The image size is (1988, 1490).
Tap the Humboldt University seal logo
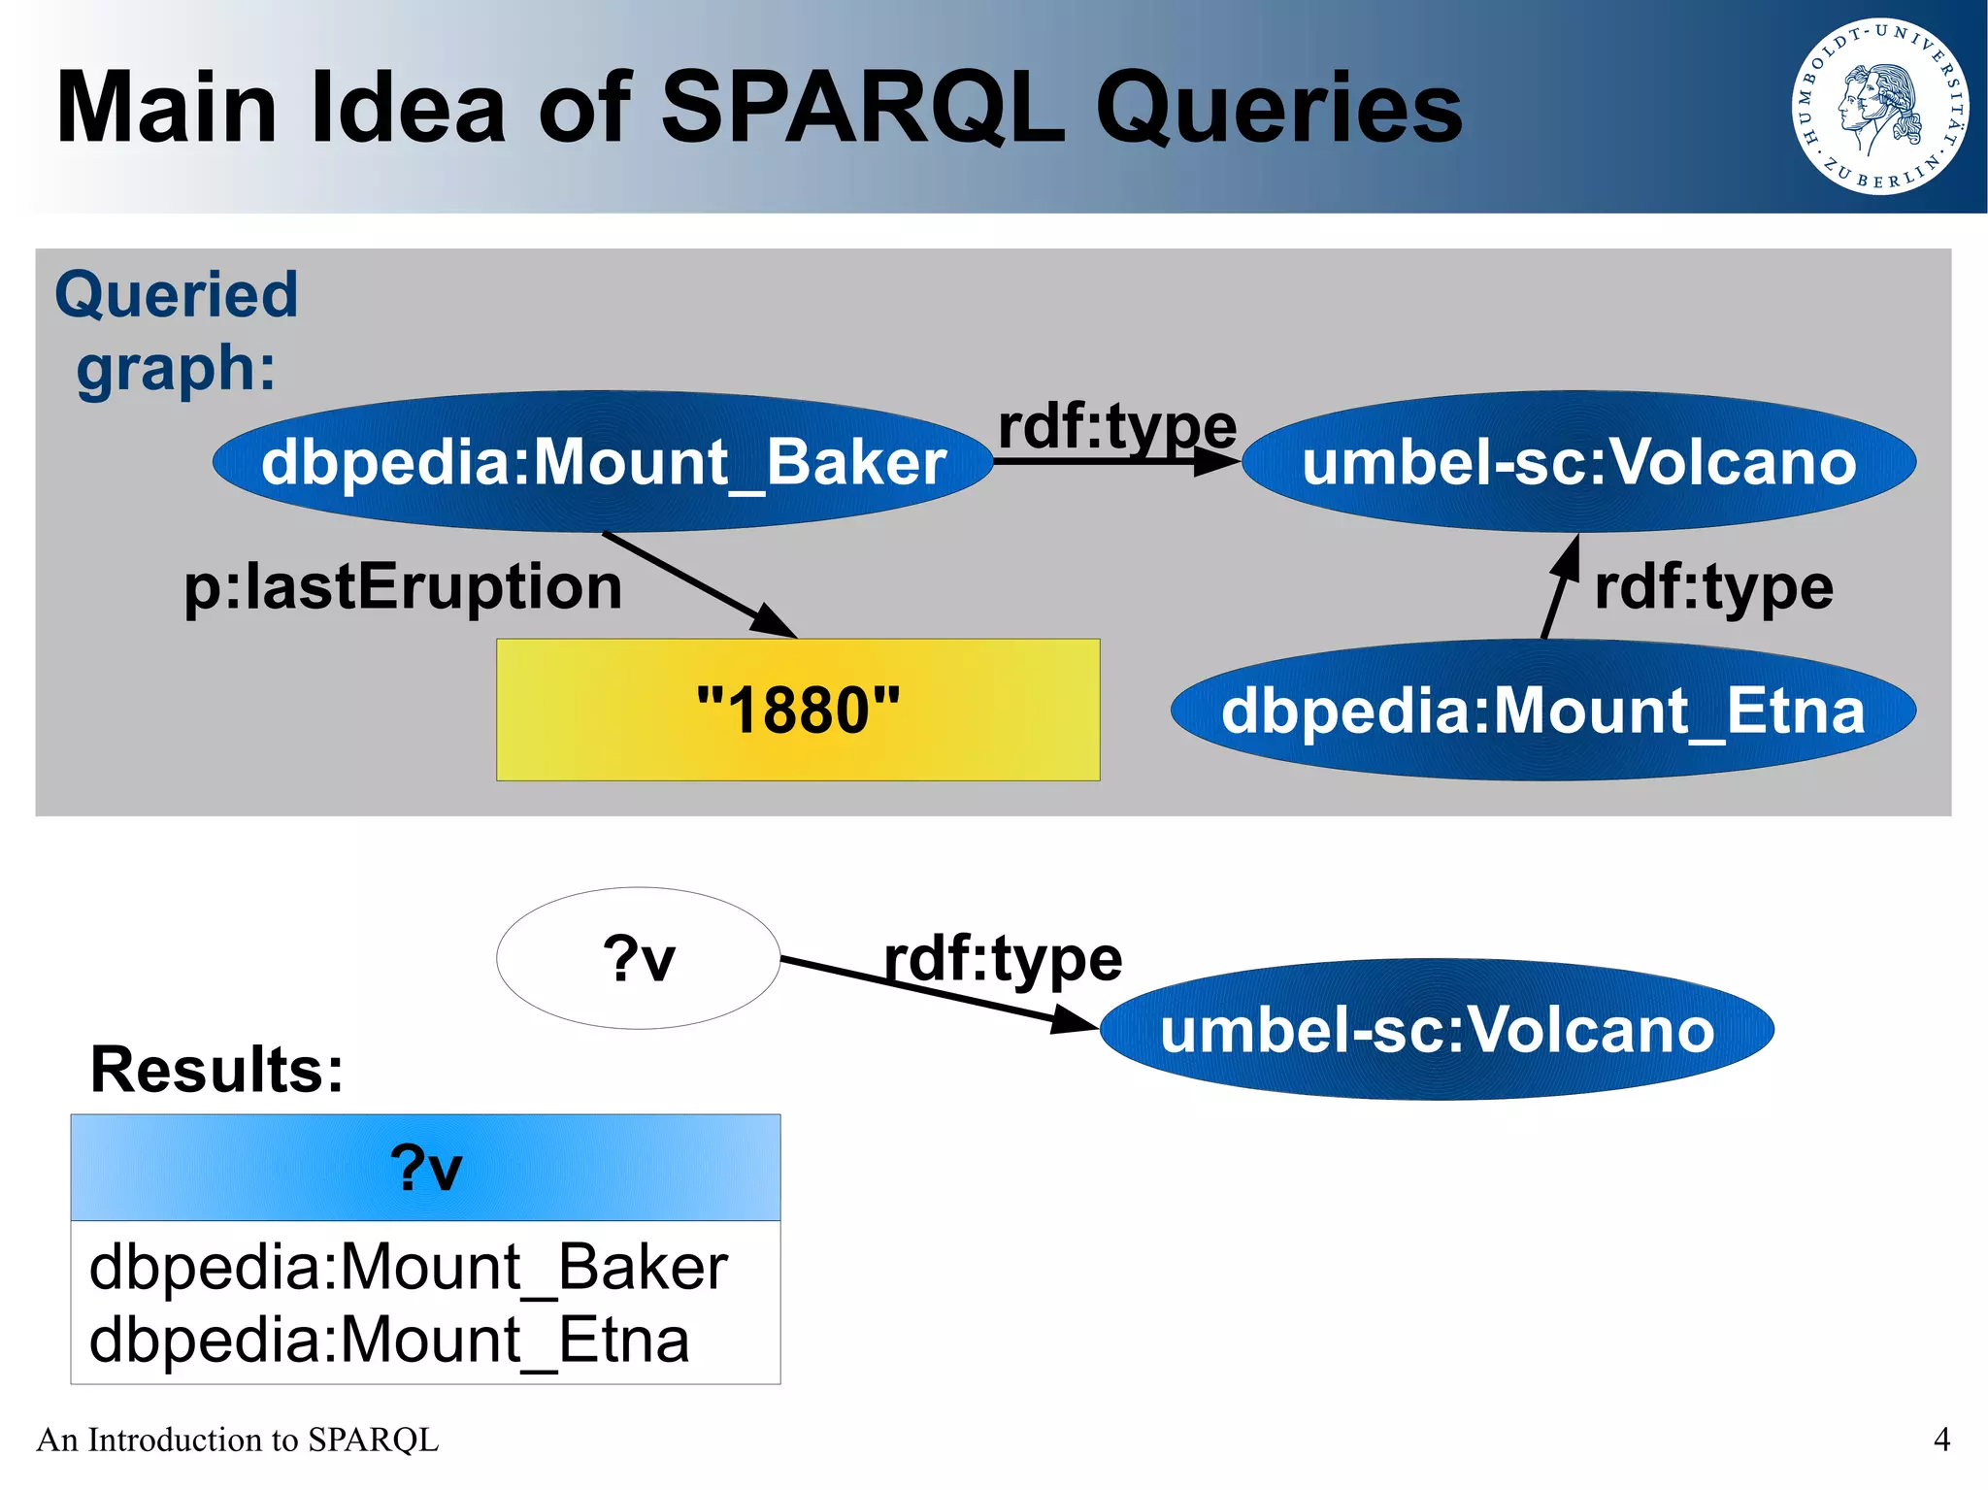tap(1879, 107)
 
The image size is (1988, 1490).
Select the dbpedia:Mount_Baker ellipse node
tap(603, 462)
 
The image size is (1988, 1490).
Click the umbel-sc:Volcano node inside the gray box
tap(1578, 462)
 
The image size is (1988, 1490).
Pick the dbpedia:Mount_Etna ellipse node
tap(1542, 711)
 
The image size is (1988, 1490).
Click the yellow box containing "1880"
tap(798, 710)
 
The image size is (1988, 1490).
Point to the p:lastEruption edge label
tap(403, 587)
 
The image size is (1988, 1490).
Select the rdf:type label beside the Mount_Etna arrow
tap(1713, 588)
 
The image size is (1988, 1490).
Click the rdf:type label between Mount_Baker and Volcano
tap(1116, 427)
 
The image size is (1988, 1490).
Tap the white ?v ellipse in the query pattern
tap(638, 958)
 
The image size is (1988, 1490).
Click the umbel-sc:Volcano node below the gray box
tap(1437, 1030)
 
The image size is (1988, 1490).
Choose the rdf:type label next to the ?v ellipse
tap(1003, 959)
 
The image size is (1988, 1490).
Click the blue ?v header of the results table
tap(425, 1168)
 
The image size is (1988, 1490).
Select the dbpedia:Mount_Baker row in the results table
tap(408, 1267)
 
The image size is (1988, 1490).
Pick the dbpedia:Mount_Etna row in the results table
tap(388, 1341)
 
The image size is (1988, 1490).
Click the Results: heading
tap(216, 1070)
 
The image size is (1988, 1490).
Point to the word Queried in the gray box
tap(176, 295)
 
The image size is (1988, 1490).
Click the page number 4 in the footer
tap(1941, 1439)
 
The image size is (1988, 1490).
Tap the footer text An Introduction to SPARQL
tap(237, 1440)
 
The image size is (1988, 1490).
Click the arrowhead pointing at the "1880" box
tap(776, 623)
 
